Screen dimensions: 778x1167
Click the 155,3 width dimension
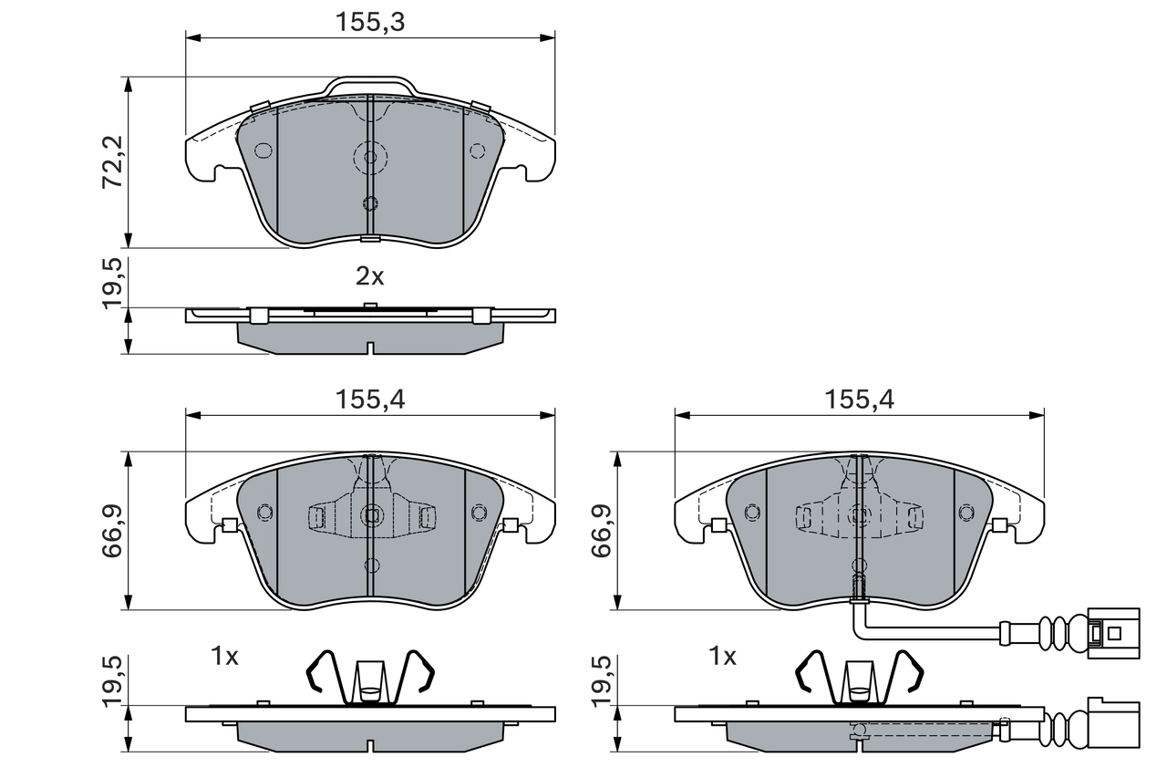(369, 22)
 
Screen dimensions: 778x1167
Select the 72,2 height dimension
(112, 162)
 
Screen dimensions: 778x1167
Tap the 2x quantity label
(369, 277)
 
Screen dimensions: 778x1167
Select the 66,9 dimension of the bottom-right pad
(601, 531)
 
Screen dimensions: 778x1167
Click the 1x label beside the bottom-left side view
(224, 656)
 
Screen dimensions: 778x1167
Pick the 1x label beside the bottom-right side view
(722, 656)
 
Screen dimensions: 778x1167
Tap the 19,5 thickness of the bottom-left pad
(112, 679)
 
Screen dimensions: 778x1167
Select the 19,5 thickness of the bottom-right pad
(601, 679)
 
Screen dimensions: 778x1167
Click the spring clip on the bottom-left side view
(370, 679)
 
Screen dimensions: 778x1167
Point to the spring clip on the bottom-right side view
(859, 679)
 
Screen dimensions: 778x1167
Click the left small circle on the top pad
(263, 150)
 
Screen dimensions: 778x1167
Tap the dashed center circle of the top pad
(370, 158)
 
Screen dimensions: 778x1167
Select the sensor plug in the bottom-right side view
(1113, 727)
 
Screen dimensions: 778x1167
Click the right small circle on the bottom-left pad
(478, 512)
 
